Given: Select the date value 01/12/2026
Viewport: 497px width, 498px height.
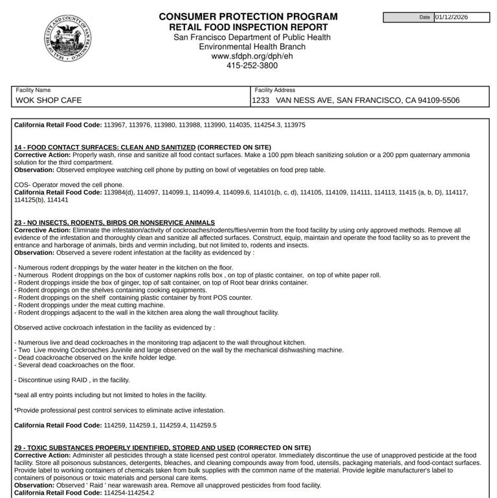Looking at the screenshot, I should point(461,17).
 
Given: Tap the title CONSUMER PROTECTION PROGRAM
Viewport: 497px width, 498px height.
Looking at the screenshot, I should point(248,17).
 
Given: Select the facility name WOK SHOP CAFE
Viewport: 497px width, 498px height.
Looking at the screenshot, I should point(49,100).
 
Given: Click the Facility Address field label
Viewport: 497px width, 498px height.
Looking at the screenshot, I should point(275,90).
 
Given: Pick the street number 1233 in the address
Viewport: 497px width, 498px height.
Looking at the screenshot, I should point(260,100).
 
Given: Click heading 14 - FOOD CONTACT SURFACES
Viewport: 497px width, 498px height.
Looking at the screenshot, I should point(105,147).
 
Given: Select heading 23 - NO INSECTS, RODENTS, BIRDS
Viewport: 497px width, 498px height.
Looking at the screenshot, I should point(115,222).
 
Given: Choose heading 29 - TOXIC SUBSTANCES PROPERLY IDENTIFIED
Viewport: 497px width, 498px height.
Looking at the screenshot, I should point(125,448).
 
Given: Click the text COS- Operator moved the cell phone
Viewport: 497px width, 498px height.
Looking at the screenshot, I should point(69,185).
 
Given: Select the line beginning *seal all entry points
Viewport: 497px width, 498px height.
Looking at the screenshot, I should point(110,395).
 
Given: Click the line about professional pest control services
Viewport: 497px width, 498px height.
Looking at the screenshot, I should point(119,410).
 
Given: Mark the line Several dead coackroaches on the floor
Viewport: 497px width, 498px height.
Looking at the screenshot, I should point(74,365).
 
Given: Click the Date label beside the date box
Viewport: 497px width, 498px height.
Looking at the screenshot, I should point(425,17).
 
